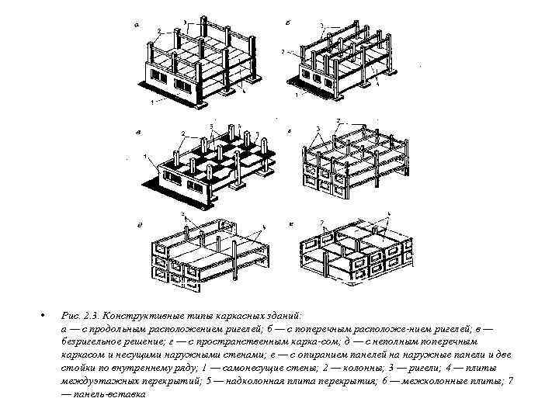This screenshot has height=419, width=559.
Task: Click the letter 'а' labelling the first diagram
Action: click(137, 25)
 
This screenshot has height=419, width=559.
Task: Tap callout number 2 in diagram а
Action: click(158, 32)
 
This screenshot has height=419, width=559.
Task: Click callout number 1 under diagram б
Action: click(296, 97)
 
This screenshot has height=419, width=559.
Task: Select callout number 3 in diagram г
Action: click(318, 128)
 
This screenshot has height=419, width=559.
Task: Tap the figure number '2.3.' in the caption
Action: click(92, 317)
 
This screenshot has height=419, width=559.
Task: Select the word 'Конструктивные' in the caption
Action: click(143, 317)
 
